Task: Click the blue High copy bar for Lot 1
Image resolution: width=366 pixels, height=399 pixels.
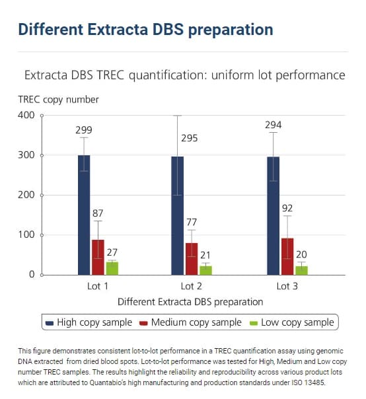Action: (84, 215)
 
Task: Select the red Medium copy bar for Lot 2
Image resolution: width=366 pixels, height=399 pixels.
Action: (191, 258)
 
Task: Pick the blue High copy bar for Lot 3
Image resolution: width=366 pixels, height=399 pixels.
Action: (273, 215)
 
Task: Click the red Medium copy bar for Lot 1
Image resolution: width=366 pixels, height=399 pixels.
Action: (98, 257)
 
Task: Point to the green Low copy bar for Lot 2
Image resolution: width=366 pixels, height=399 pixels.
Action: (205, 270)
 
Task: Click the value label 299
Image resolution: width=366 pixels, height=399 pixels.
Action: (83, 129)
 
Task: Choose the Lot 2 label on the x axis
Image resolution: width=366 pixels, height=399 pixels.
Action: (191, 286)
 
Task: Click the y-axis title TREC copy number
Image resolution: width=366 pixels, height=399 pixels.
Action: (58, 99)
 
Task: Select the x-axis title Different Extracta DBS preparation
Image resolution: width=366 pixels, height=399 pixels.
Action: (190, 301)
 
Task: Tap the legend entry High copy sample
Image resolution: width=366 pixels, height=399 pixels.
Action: (89, 322)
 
